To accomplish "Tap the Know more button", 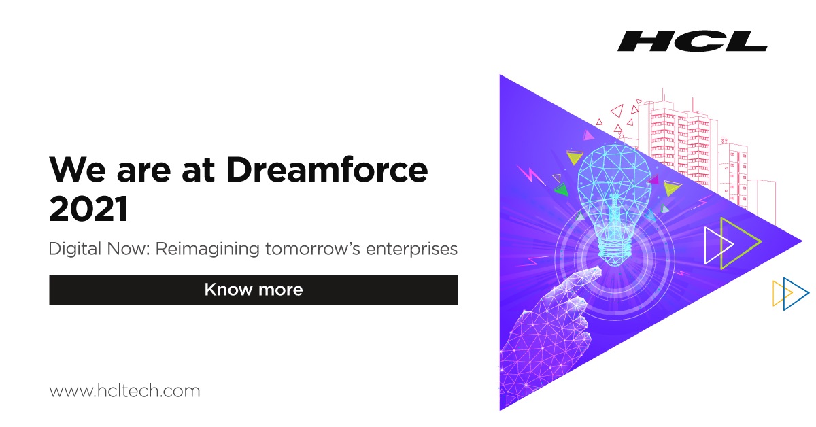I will pyautogui.click(x=253, y=290).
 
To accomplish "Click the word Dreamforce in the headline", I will pyautogui.click(x=327, y=169).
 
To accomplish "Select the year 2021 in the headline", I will pyautogui.click(x=88, y=209).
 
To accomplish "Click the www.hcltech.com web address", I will pyautogui.click(x=124, y=391).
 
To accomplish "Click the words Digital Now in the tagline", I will pyautogui.click(x=99, y=250).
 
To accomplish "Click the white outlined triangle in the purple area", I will pyautogui.click(x=717, y=245).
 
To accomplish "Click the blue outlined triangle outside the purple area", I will pyautogui.click(x=795, y=294).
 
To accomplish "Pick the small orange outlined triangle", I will pyautogui.click(x=780, y=293).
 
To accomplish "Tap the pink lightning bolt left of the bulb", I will pyautogui.click(x=532, y=176).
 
